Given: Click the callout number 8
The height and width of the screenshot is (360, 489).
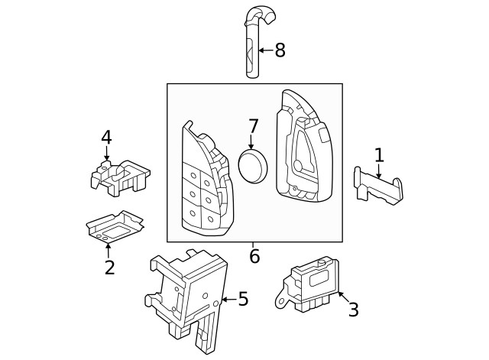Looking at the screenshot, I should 280,50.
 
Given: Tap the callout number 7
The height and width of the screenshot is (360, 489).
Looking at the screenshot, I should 253,125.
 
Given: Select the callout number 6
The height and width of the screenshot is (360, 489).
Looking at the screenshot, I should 254,257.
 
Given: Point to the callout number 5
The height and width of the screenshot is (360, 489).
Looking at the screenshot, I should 243,299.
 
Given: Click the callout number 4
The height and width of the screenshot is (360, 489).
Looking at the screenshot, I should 106,138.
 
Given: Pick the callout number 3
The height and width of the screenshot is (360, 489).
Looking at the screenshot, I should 353,310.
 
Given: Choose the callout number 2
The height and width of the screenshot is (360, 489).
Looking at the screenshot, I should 109,268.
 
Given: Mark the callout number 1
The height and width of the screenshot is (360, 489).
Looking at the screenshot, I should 378,155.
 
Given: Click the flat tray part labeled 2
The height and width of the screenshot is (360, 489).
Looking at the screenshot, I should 115,227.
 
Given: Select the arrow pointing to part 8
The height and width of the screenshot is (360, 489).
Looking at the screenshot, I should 265,50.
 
